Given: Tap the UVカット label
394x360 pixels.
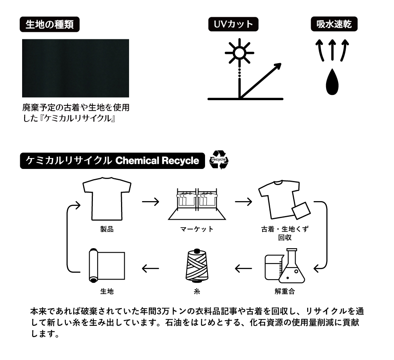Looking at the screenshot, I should click(x=233, y=24).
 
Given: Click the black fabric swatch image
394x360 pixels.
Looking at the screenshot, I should click(x=76, y=68).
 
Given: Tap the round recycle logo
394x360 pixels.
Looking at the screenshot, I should click(x=220, y=160).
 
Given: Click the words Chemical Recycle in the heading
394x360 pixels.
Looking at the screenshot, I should click(x=157, y=161).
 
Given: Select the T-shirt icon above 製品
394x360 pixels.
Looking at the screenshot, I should click(x=107, y=199).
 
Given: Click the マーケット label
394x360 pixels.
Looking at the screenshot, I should click(x=197, y=230).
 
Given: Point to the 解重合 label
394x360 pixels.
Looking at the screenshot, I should click(x=284, y=291).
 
